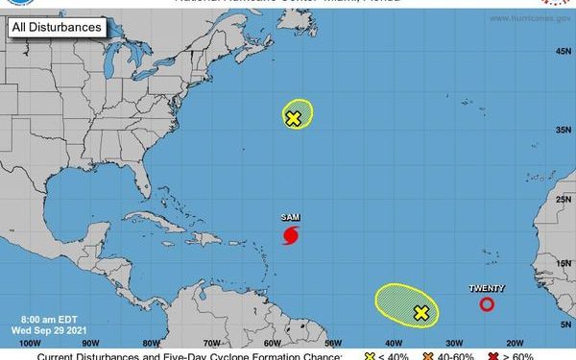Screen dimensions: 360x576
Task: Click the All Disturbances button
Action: coord(57,27)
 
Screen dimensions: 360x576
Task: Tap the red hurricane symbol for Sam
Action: coord(291,235)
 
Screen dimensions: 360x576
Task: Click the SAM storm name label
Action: coord(291,218)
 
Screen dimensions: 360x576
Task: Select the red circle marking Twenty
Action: coord(487,304)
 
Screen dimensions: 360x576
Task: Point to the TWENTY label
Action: coord(487,288)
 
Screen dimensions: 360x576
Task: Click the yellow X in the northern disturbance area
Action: coord(294,118)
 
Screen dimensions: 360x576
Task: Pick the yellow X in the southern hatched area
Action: coord(420,312)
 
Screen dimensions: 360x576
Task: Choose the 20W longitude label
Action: coord(514,342)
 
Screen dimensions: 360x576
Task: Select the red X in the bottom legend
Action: coord(492,356)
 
